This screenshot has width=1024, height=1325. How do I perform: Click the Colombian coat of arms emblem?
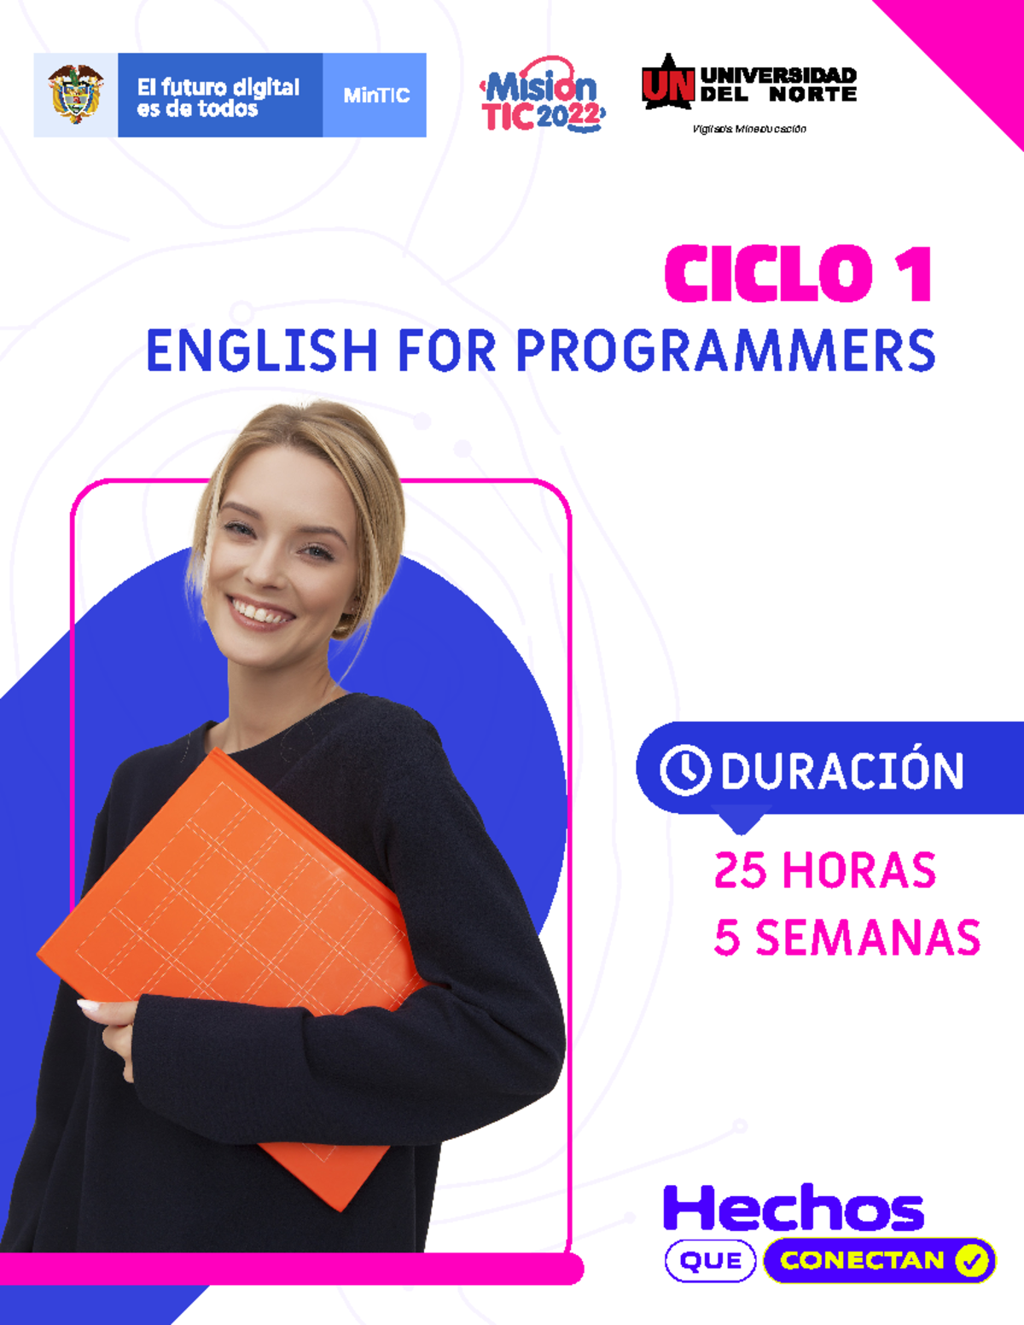pyautogui.click(x=75, y=95)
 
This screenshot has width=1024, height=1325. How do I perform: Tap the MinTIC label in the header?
pyautogui.click(x=376, y=96)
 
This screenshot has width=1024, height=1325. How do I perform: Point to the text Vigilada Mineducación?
pyautogui.click(x=749, y=129)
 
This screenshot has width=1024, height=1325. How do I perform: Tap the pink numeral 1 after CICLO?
pyautogui.click(x=913, y=275)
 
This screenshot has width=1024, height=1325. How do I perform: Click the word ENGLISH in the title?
pyautogui.click(x=261, y=351)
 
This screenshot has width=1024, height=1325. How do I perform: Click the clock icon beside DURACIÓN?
pyautogui.click(x=684, y=770)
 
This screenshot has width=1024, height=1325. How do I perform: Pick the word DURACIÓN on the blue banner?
pyautogui.click(x=842, y=771)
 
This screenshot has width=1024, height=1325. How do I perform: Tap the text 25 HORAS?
pyautogui.click(x=824, y=870)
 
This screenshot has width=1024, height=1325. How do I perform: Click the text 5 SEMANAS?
pyautogui.click(x=847, y=938)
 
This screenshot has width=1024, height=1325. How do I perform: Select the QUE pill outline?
pyautogui.click(x=710, y=1261)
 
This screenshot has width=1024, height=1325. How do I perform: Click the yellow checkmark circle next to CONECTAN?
pyautogui.click(x=971, y=1260)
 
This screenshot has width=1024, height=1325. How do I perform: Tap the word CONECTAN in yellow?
pyautogui.click(x=861, y=1260)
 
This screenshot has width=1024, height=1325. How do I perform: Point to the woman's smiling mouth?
pyautogui.click(x=261, y=613)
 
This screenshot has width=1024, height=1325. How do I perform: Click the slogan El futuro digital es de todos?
pyautogui.click(x=218, y=96)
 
